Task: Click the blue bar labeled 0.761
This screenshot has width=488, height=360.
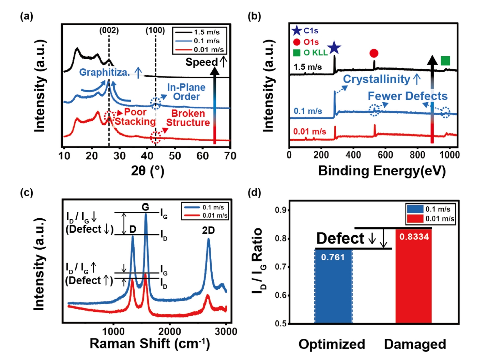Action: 333,286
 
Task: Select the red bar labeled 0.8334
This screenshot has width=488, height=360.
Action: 413,276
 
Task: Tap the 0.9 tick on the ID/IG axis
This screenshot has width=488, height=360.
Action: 280,210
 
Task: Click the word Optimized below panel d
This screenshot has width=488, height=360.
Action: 332,344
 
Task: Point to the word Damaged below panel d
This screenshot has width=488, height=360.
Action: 415,344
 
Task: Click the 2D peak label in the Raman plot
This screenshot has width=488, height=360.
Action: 208,231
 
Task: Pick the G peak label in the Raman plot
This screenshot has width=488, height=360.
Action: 146,207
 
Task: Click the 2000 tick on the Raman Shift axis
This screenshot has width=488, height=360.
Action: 169,331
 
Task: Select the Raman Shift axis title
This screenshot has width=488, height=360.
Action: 150,344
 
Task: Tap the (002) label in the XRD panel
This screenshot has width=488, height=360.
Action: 109,30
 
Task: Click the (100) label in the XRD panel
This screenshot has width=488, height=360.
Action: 155,30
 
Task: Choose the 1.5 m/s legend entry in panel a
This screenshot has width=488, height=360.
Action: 199,32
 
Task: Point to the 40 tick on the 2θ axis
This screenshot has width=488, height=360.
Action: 147,156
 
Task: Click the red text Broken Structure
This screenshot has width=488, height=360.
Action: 188,118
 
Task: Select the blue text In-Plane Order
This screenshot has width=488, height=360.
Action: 186,92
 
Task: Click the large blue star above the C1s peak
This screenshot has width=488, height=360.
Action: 334,48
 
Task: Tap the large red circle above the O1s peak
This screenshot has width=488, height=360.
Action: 374,53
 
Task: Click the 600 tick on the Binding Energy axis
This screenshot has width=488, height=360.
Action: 385,155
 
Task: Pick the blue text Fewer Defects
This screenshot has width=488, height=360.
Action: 407,96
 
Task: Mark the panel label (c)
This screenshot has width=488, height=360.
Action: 27,193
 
